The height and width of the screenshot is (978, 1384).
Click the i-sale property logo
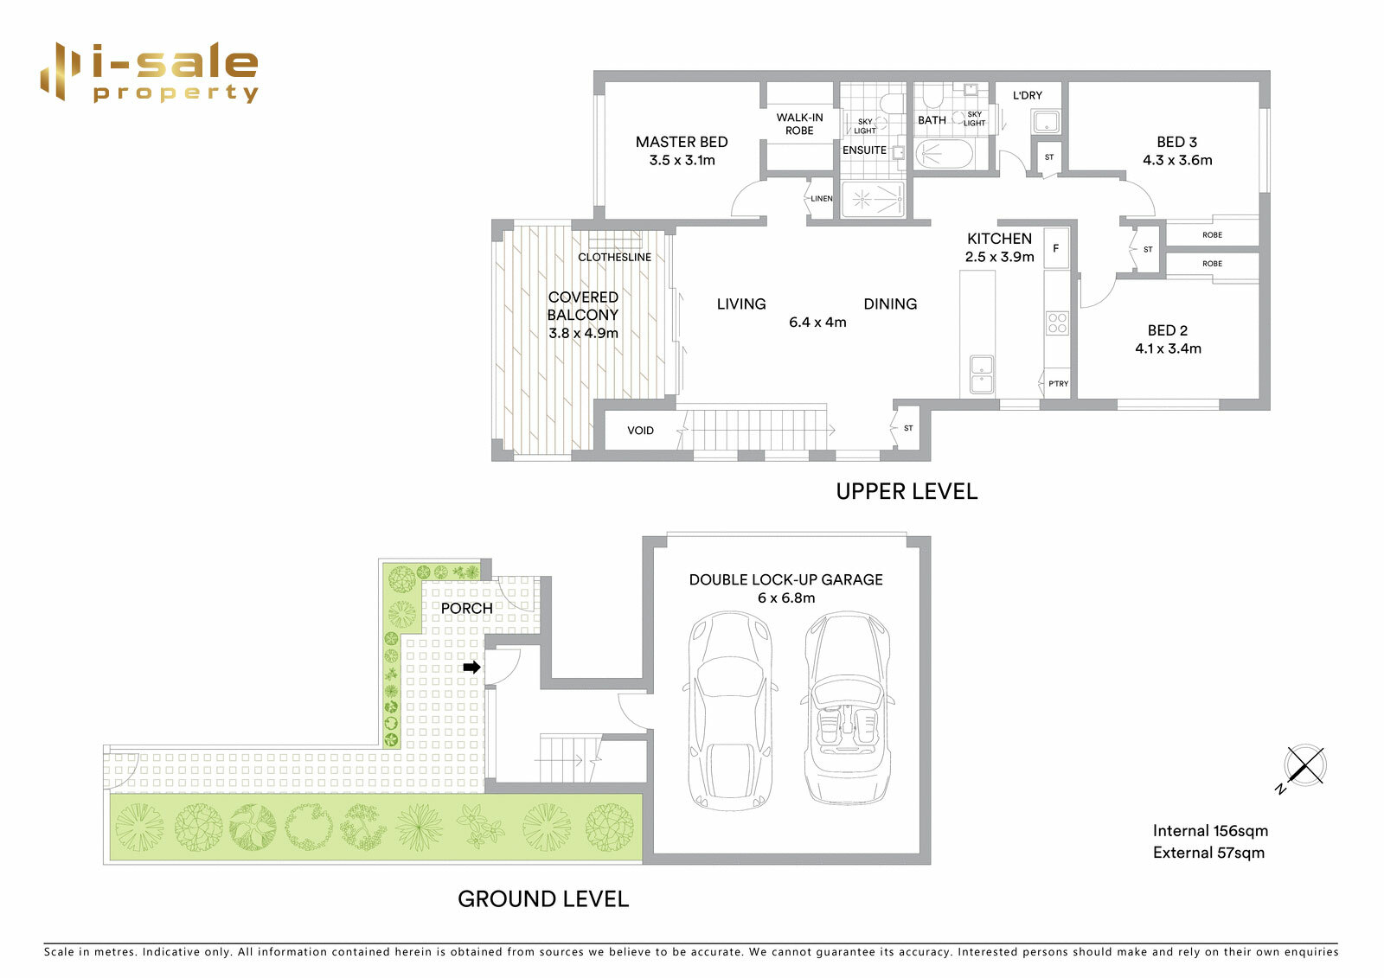coord(150,73)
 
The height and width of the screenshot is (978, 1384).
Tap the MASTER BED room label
coord(682,142)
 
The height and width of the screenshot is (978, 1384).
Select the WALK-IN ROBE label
coord(799,124)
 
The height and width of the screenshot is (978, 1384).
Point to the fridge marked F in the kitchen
coord(1055,248)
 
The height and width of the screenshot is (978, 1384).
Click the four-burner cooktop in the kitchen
coord(1057,323)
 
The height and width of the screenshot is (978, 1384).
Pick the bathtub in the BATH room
coord(944,154)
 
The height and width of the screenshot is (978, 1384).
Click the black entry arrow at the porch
coord(471,667)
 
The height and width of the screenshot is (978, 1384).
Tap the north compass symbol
coord(1304,766)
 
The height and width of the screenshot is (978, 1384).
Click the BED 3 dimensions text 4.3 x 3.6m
coord(1177,160)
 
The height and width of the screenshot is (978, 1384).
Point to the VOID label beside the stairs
coord(640,430)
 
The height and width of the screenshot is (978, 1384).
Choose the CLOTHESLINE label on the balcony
coord(614,257)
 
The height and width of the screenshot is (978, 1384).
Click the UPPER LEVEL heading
coord(907,491)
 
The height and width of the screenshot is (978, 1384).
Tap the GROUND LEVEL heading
coord(543,899)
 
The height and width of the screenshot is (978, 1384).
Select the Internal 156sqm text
coord(1210,830)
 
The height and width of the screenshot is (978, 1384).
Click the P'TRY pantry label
coord(1058,383)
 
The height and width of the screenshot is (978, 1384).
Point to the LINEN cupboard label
coord(821,198)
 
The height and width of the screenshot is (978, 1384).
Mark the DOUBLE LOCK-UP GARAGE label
coord(785,579)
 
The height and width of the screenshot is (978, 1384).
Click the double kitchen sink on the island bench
coord(981,374)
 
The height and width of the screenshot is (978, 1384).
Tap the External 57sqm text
coord(1208,853)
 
